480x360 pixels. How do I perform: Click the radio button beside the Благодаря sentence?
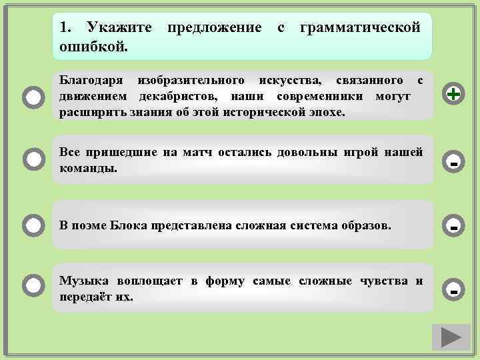[33, 97]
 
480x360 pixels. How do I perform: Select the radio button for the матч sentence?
[33, 159]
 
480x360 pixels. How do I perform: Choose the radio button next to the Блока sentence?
[33, 225]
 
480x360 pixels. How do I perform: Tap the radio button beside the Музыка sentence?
[33, 287]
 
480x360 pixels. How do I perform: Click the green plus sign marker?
[454, 95]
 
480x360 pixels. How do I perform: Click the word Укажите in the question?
[115, 28]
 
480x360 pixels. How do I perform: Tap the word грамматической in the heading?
[360, 28]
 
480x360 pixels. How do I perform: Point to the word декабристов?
[176, 97]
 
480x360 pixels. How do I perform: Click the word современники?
[313, 97]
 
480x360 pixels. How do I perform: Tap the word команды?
[88, 168]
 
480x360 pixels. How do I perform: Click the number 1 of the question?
[64, 28]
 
